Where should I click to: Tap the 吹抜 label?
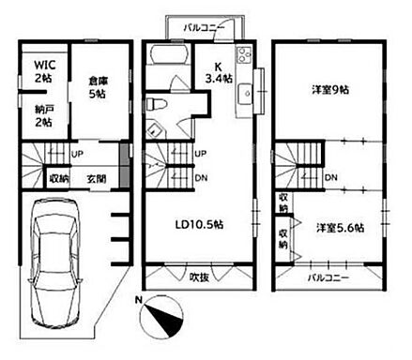198,278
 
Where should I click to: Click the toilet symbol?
160,103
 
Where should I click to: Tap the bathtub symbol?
168,65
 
